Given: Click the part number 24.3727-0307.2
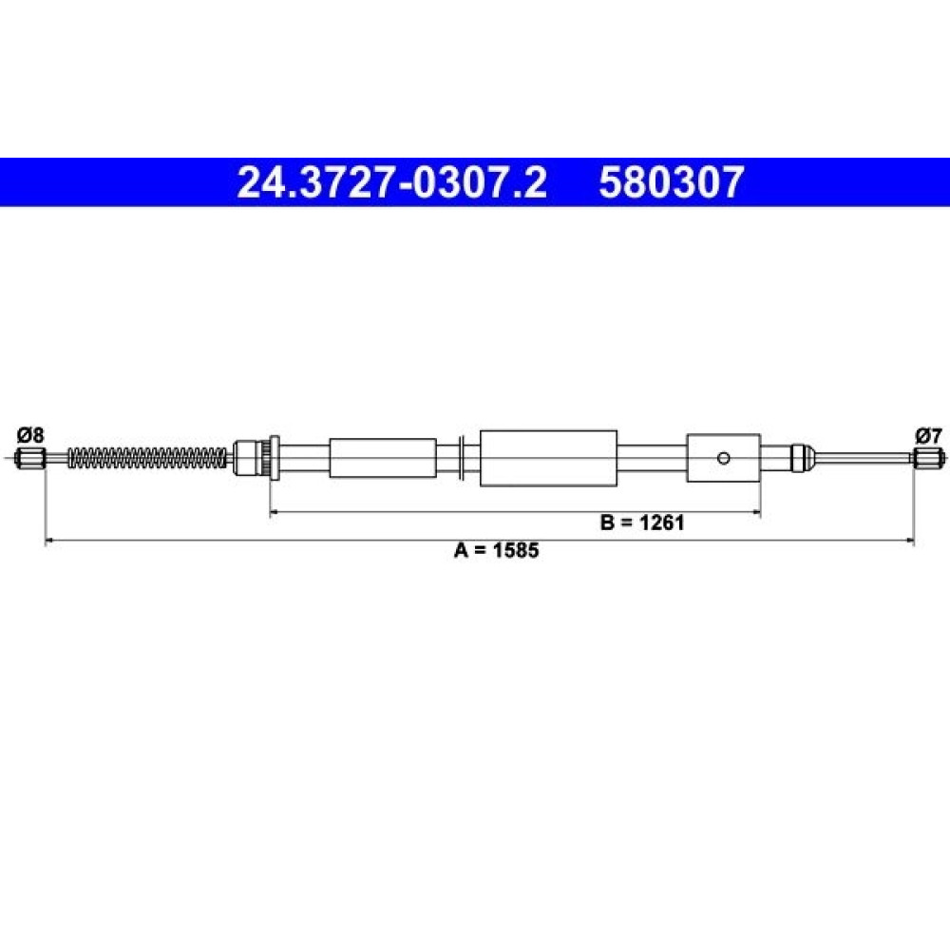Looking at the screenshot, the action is click(391, 182).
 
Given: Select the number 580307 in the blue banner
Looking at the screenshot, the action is click(672, 182).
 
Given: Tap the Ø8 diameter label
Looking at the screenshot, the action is click(30, 434).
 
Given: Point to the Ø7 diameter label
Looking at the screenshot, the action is click(929, 435).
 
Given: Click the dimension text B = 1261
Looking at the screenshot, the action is click(642, 522).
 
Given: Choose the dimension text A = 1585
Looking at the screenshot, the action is click(496, 550).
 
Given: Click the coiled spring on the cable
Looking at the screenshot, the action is click(147, 458).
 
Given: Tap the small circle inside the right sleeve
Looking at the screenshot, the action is click(723, 458).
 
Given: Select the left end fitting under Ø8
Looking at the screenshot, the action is click(30, 458).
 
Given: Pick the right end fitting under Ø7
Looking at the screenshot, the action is click(928, 458).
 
